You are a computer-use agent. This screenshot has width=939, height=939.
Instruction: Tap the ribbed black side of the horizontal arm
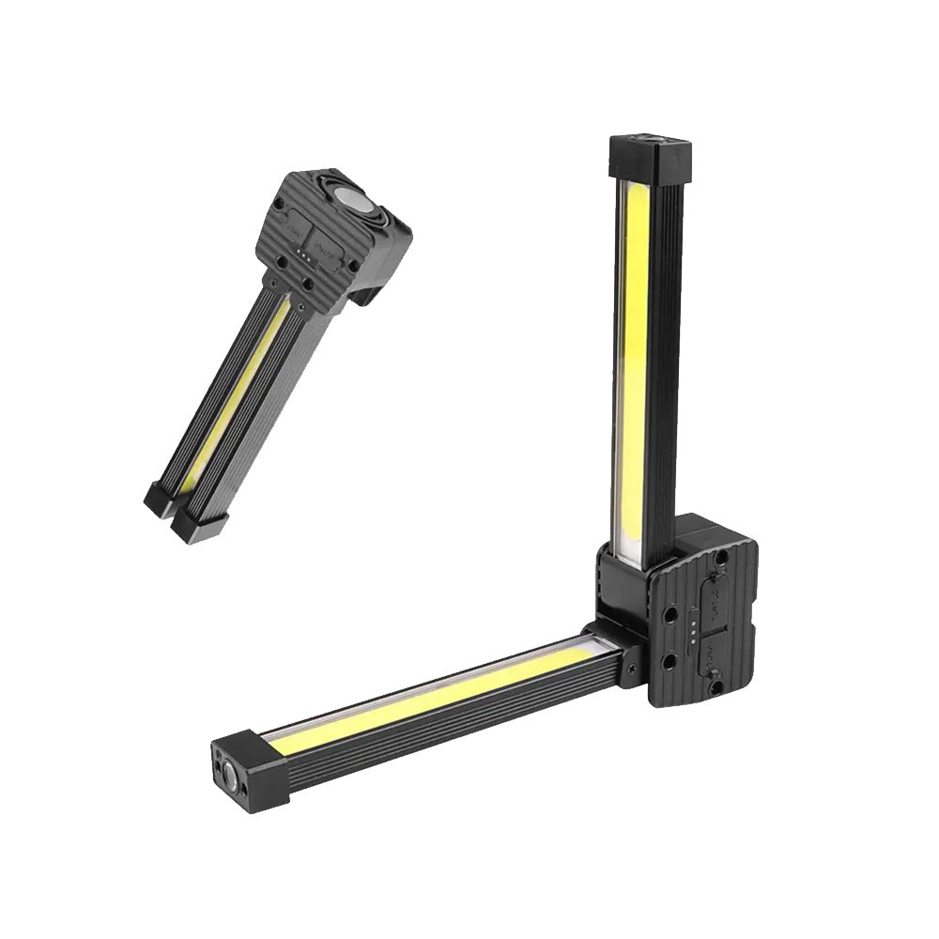[x=441, y=724]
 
